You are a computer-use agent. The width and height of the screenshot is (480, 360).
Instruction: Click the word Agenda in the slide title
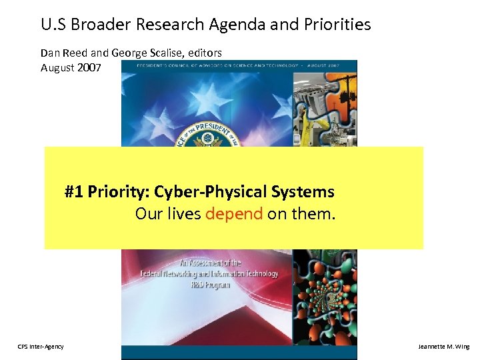[233, 25]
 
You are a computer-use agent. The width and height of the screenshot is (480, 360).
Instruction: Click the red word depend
[234, 214]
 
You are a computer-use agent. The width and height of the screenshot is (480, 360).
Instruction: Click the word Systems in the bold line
[303, 192]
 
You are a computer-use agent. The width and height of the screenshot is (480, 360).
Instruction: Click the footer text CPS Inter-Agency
[41, 347]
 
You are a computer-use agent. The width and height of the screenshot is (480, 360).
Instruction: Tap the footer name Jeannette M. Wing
[443, 347]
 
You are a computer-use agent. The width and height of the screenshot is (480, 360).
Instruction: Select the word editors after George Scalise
[203, 52]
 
